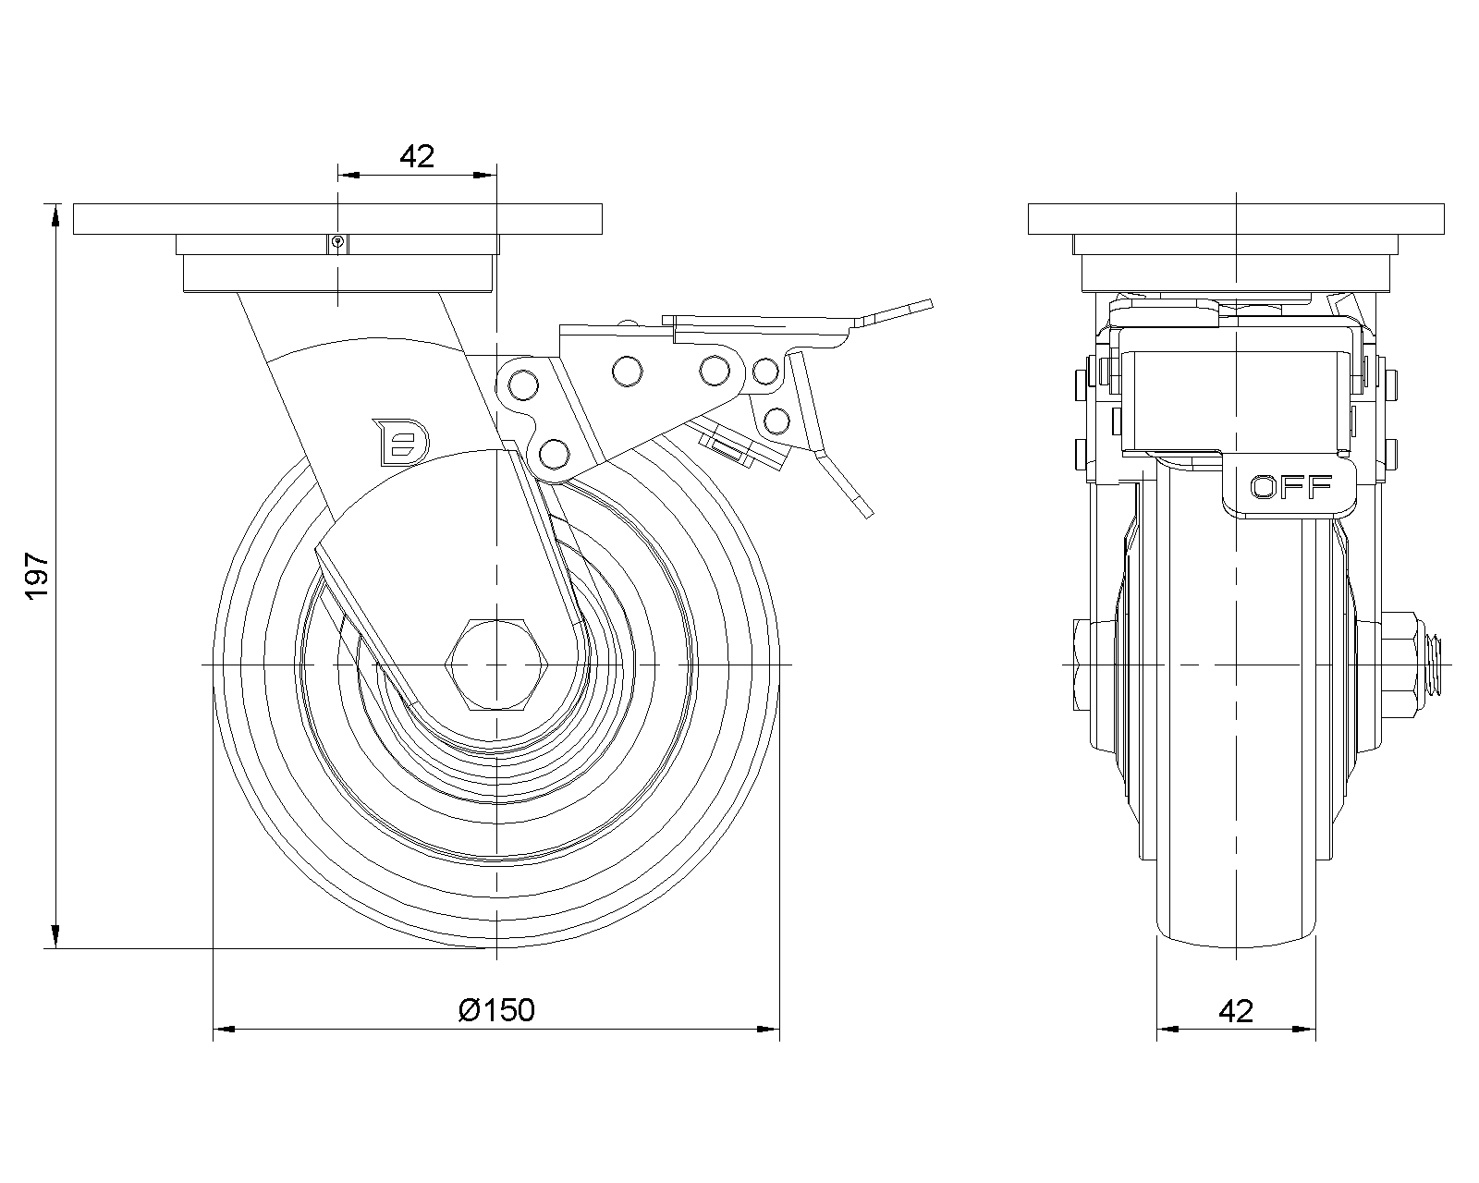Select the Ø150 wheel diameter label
[496, 1010]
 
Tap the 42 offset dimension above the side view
[417, 156]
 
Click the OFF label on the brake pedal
[1290, 486]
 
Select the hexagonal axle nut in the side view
[498, 665]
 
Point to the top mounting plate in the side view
[337, 220]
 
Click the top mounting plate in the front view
[1236, 220]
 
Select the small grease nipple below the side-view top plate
[338, 243]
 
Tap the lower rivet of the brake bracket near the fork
[553, 453]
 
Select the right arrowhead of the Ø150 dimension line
[771, 1028]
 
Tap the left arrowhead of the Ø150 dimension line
[223, 1028]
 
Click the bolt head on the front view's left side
[1082, 665]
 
